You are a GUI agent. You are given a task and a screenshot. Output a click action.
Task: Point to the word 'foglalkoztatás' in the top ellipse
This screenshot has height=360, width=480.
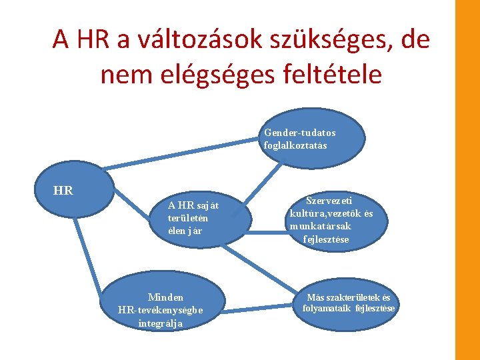pos(295,145)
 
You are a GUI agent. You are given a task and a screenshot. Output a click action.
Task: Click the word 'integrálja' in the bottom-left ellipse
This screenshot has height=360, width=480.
pos(161,323)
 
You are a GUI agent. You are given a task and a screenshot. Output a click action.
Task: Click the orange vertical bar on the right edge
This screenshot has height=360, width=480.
pos(467,180)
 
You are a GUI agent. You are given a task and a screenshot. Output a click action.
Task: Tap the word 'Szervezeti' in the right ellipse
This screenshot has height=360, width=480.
pos(329,199)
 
